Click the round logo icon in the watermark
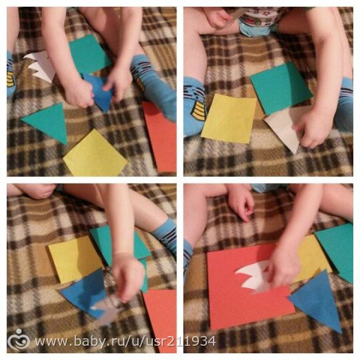[x=19, y=340]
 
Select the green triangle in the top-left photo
[x=48, y=121]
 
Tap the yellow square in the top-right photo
[x=229, y=118]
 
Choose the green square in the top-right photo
[x=281, y=88]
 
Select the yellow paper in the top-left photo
[x=95, y=153]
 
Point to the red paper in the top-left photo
[x=160, y=136]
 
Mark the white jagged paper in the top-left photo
[x=40, y=67]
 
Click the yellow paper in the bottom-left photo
[x=75, y=259]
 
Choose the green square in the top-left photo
[x=89, y=55]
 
